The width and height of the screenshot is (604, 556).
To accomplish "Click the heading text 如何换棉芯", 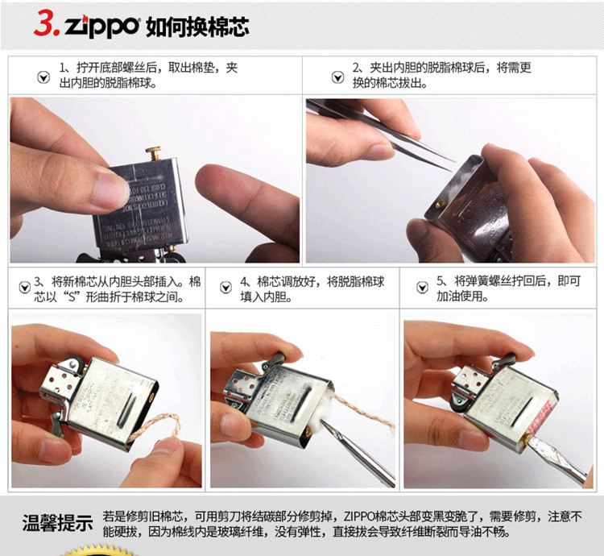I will (x=197, y=26).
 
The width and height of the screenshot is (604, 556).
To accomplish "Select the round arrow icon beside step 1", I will (x=43, y=77).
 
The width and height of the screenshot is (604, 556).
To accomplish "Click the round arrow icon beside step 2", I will (x=337, y=77).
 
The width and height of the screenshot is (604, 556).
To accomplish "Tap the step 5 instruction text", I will (x=507, y=288).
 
